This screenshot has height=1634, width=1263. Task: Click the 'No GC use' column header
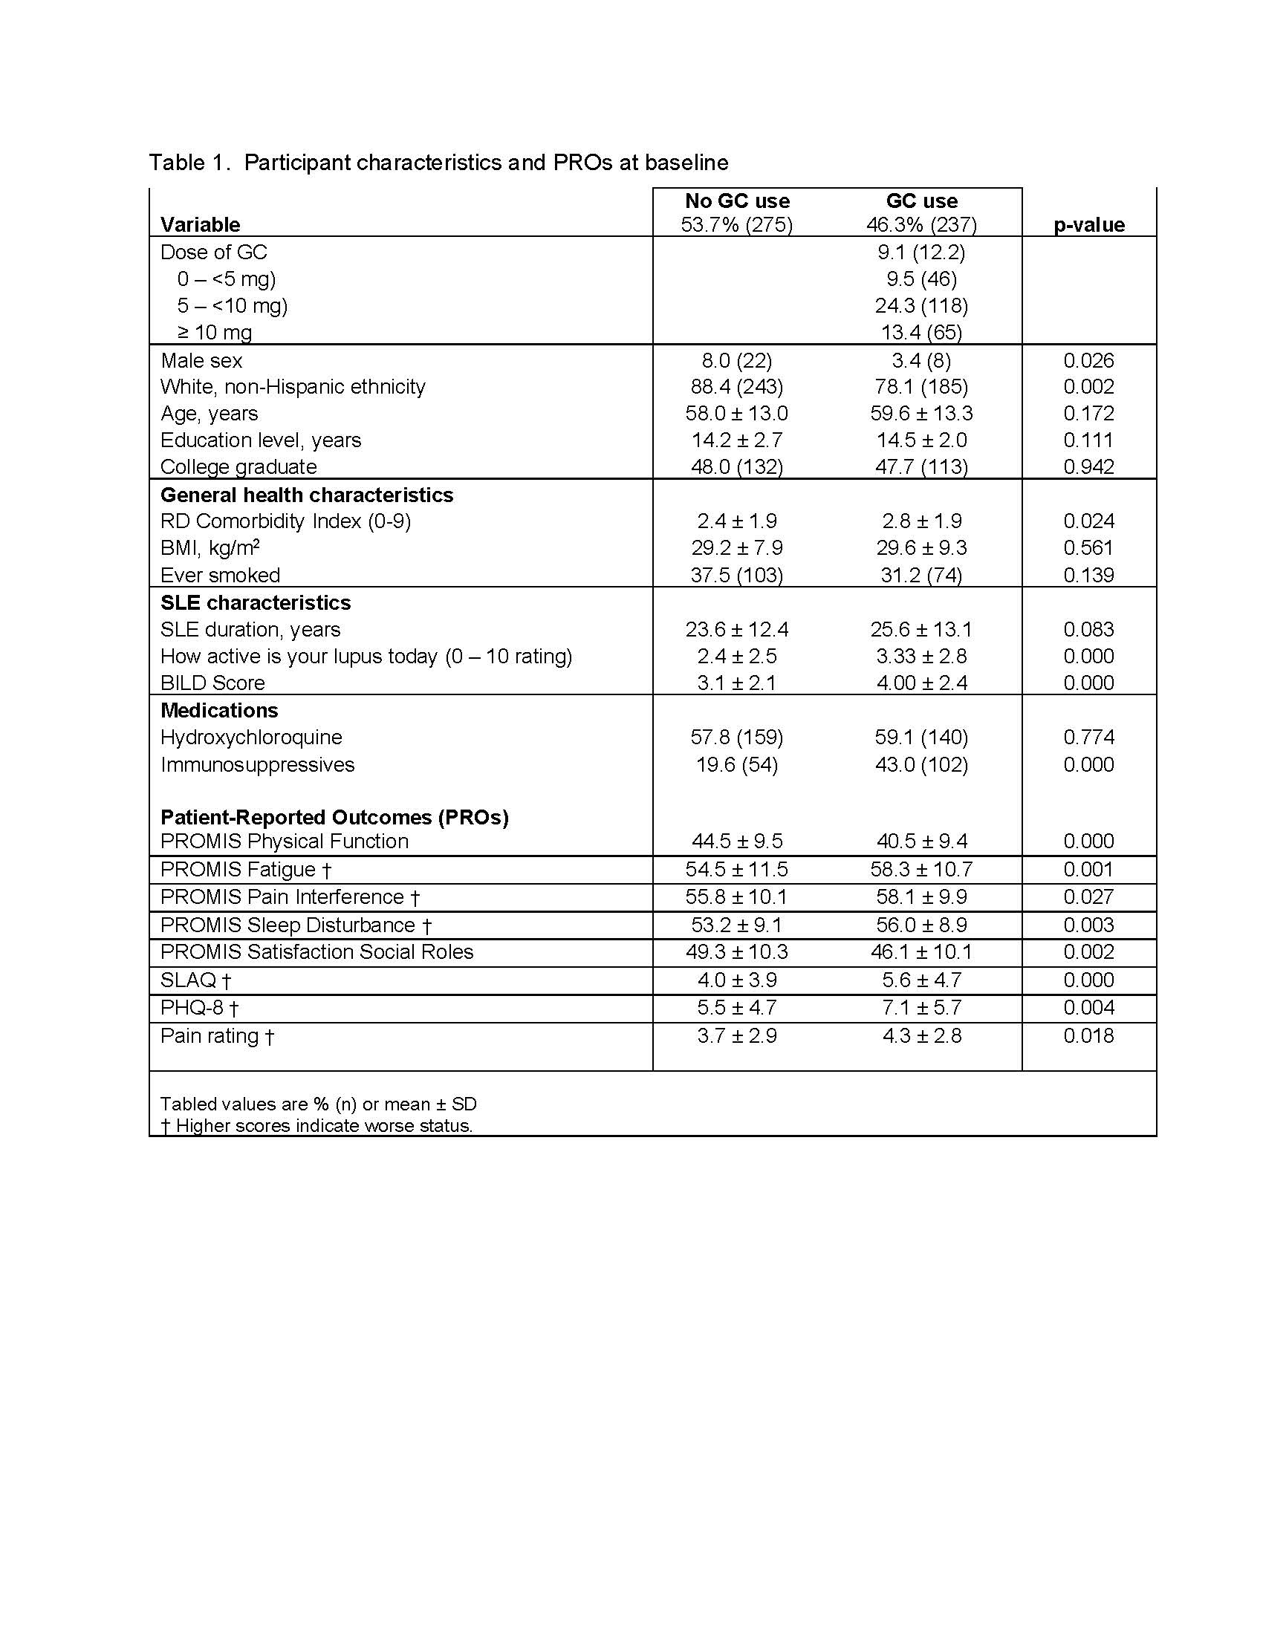point(737,201)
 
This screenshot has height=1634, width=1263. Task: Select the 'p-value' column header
point(1088,225)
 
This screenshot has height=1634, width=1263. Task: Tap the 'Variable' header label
point(200,225)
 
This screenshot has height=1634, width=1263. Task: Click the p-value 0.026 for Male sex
point(1088,361)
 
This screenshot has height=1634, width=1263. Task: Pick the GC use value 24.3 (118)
point(921,305)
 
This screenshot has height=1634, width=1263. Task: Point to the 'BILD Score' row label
point(212,683)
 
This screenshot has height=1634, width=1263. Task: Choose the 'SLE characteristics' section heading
point(255,603)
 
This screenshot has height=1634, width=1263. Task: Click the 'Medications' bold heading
point(219,710)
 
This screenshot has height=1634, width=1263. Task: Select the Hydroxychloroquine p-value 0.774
point(1088,738)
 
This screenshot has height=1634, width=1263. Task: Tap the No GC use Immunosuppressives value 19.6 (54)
point(737,764)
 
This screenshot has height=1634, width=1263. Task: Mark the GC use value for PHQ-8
point(921,1008)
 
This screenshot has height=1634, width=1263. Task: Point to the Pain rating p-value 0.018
point(1088,1036)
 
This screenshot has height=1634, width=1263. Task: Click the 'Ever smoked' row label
point(220,576)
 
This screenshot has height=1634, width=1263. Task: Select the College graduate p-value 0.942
point(1088,467)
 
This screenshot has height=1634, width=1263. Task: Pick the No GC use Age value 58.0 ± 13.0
point(737,414)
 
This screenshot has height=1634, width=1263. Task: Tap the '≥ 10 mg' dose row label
point(215,332)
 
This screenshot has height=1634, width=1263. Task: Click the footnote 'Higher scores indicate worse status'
point(323,1126)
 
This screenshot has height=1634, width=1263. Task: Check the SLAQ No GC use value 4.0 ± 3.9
point(737,980)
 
